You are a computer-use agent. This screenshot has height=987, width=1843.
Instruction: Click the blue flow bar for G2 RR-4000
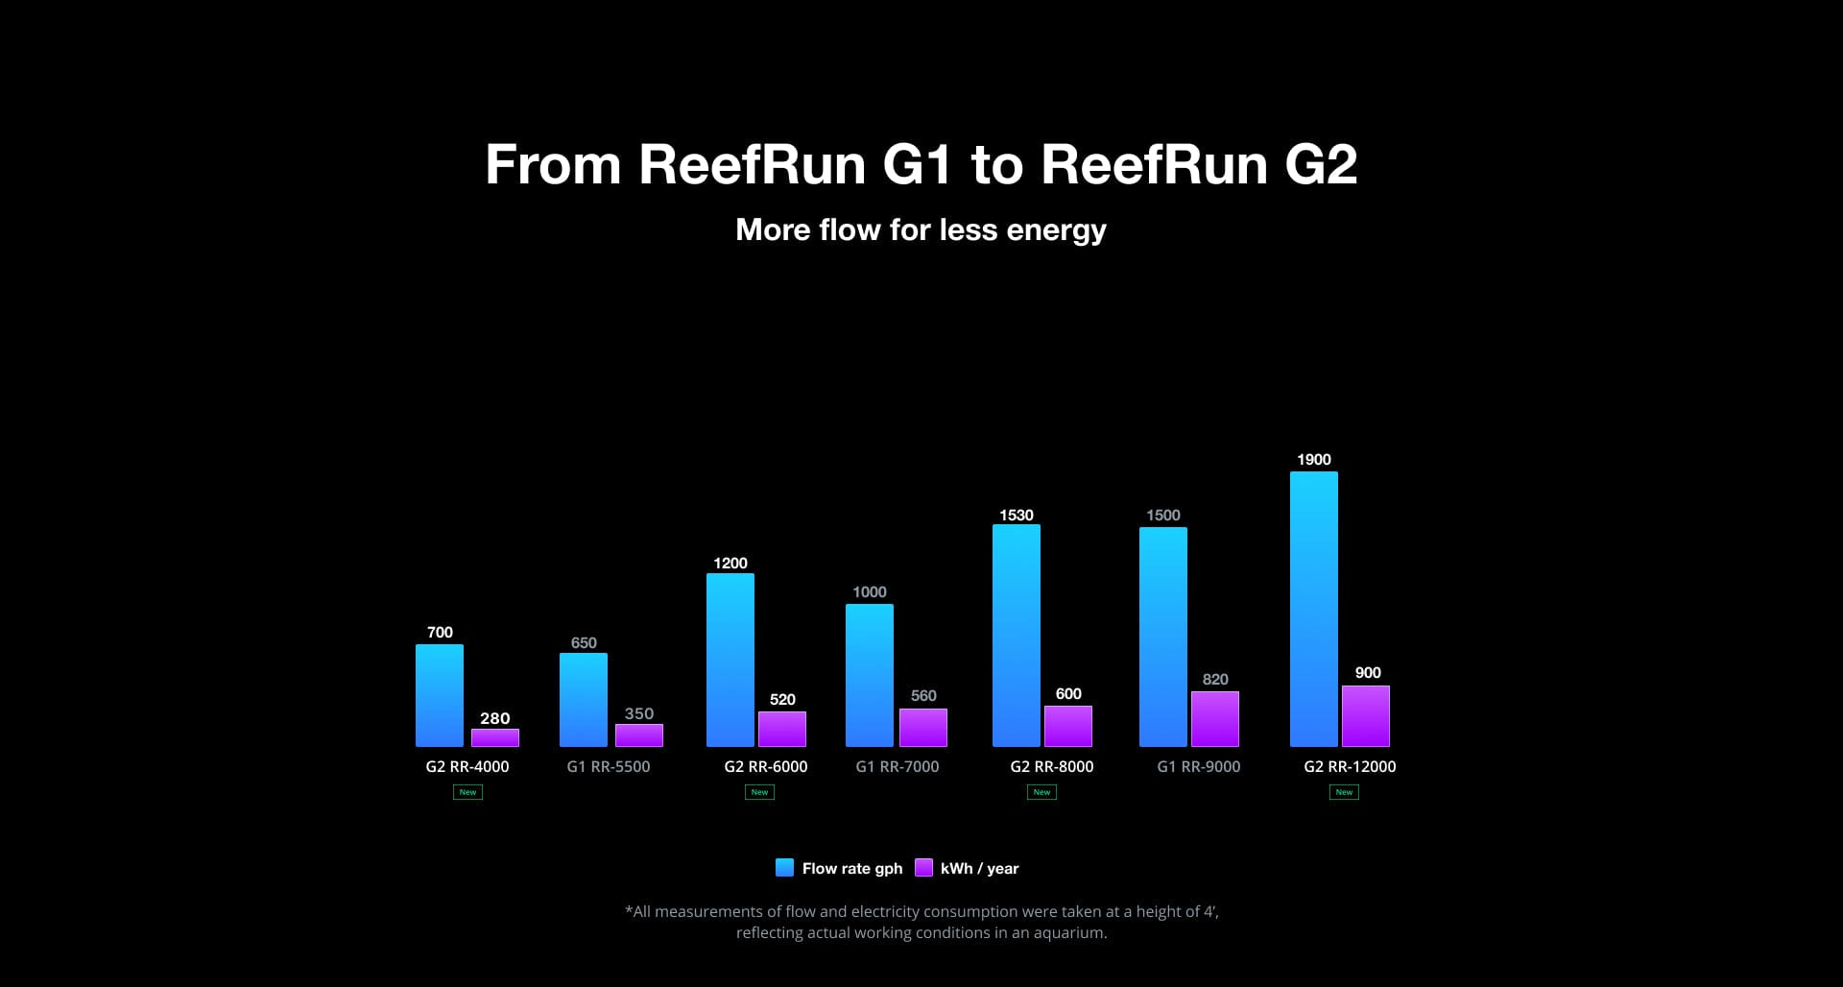[440, 695]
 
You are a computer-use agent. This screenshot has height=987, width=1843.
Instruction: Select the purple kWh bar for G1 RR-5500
[639, 735]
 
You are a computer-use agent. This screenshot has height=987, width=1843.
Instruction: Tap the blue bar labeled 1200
[730, 660]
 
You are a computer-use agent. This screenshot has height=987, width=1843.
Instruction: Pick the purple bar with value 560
[923, 728]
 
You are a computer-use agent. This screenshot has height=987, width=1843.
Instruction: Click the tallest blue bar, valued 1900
[1314, 609]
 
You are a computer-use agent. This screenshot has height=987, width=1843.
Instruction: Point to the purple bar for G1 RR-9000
[1215, 719]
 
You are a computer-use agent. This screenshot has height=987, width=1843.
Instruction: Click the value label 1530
[1017, 516]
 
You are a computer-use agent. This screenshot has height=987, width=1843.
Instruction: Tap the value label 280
[495, 718]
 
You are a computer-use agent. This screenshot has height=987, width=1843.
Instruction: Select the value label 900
[1368, 673]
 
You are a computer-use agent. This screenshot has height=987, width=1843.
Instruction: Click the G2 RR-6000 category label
[766, 766]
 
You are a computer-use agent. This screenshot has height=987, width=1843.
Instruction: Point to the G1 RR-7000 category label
[898, 766]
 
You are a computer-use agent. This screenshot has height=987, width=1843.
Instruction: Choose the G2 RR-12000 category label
[1350, 766]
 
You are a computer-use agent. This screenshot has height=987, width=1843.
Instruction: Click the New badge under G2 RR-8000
[1042, 792]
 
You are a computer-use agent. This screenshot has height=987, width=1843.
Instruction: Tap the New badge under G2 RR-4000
[467, 792]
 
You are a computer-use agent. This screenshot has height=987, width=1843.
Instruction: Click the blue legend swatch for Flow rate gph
[784, 868]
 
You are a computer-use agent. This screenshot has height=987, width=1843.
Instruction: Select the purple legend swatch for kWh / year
[923, 868]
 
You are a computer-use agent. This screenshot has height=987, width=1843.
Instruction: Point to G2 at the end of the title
[1321, 165]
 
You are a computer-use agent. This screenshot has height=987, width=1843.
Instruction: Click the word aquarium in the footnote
[1068, 932]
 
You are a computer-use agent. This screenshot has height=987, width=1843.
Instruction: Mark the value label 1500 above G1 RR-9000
[1163, 516]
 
